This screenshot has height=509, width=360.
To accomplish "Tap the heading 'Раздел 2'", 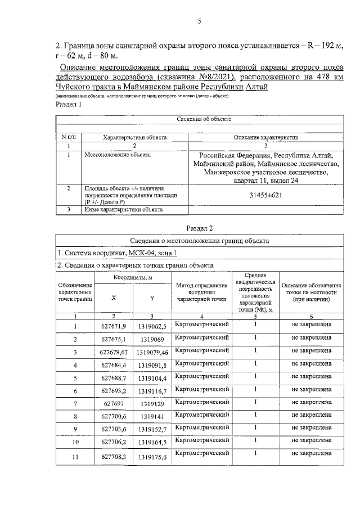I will click(199, 227).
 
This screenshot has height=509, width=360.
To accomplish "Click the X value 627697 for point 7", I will click(114, 404).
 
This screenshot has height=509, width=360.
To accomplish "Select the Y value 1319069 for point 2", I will click(152, 340).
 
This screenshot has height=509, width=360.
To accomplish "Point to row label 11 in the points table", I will click(75, 458).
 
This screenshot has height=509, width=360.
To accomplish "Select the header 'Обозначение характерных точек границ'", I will click(75, 293).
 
